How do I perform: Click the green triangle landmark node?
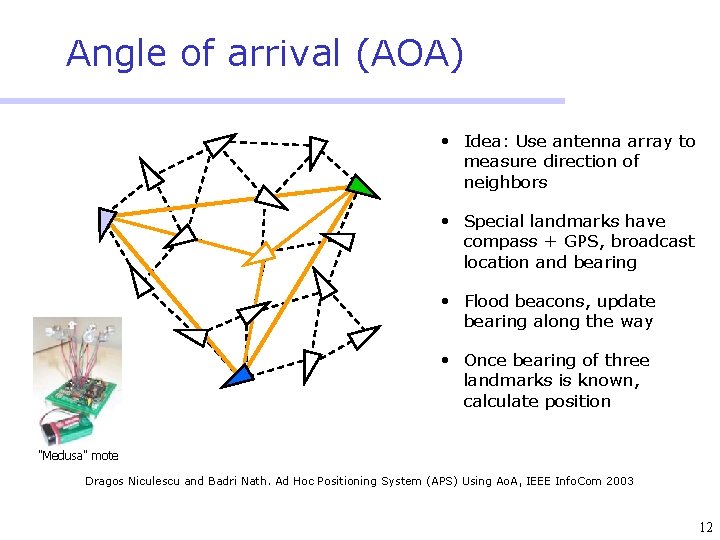pos(362,186)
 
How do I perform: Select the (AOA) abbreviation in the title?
pos(409,53)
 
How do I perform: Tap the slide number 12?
pos(706,528)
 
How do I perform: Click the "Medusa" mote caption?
pos(77,456)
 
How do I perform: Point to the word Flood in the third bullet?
pos(487,301)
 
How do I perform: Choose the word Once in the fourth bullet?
pos(486,360)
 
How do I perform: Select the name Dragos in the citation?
pos(108,481)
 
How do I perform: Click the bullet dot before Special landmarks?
pos(441,221)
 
